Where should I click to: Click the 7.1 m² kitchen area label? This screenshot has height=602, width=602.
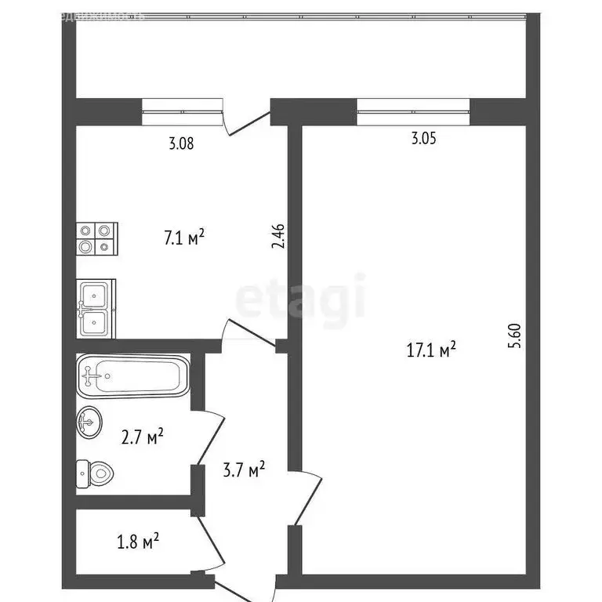pos(184,237)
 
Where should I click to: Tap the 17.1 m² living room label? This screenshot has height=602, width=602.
pos(431,350)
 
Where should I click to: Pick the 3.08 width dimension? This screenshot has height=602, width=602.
pos(181,143)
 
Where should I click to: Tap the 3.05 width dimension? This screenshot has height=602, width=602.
pos(423,140)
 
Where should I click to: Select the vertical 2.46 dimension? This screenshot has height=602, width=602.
pos(277,238)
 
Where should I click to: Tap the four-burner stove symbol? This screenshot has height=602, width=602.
pos(96,238)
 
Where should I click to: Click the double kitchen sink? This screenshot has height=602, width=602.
pos(96,309)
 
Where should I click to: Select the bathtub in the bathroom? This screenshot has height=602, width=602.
pos(132,376)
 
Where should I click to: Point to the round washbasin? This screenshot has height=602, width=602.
pos(88,424)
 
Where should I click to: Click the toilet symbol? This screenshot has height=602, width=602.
pos(95,473)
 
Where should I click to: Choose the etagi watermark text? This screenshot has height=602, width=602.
pos(301,299)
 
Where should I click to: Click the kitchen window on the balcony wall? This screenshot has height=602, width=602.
pos(182,111)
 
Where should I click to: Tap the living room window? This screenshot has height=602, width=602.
pos(413,111)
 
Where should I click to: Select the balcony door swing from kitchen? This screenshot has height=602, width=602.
pos(245,120)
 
